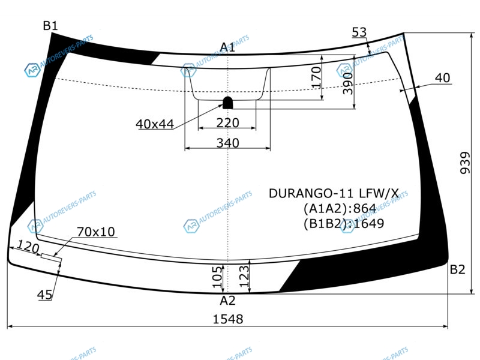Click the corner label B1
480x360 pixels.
(x=50, y=26)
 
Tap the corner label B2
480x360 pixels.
(x=458, y=269)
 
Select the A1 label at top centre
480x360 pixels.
(x=227, y=47)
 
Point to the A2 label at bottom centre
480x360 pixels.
(x=228, y=301)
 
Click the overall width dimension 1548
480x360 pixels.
(x=228, y=319)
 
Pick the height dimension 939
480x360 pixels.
(x=465, y=163)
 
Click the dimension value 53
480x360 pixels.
(x=359, y=32)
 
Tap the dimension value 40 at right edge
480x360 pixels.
(x=443, y=78)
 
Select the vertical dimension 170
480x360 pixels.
(x=316, y=78)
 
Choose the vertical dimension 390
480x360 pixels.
(x=348, y=83)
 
